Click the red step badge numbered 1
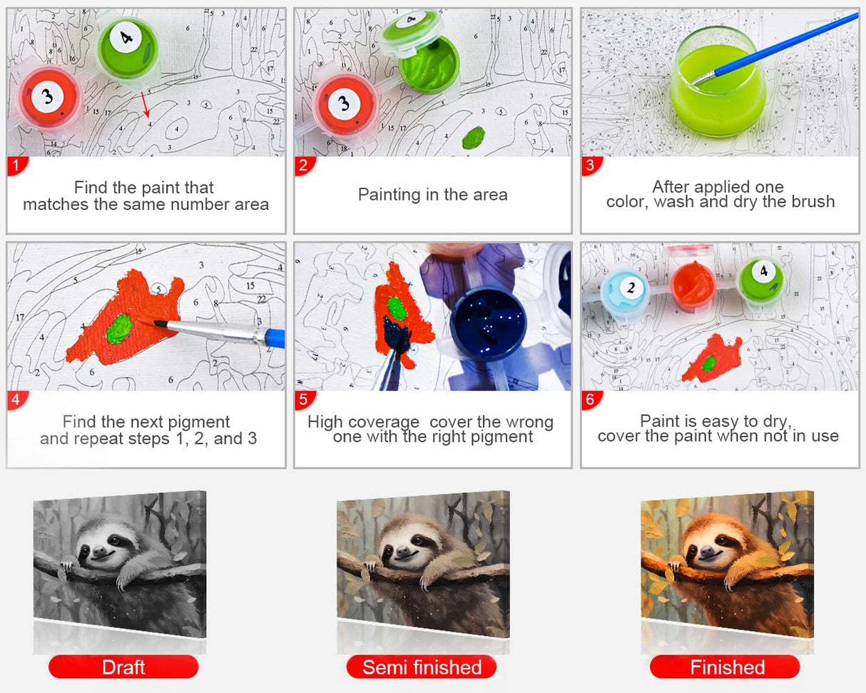pyautogui.click(x=17, y=166)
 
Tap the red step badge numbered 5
pyautogui.click(x=304, y=400)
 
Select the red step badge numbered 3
pyautogui.click(x=591, y=166)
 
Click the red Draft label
pyautogui.click(x=123, y=667)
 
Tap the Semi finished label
pyautogui.click(x=422, y=667)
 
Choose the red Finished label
pyautogui.click(x=725, y=667)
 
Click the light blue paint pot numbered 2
pyautogui.click(x=625, y=290)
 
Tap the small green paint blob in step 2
pyautogui.click(x=473, y=137)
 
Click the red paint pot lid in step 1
pyautogui.click(x=49, y=98)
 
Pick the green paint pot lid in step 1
pyautogui.click(x=128, y=49)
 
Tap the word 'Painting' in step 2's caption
pyautogui.click(x=389, y=196)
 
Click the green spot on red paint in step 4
pyautogui.click(x=119, y=328)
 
